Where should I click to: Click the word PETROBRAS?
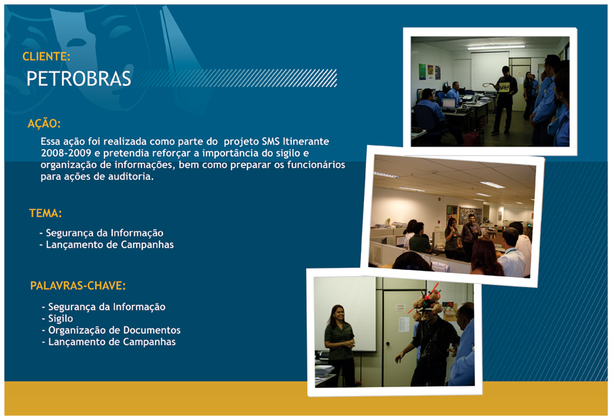point(79,79)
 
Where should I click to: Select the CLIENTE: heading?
point(46,56)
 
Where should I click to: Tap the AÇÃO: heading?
point(44,124)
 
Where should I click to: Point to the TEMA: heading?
point(45,213)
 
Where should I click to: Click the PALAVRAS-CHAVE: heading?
point(78,286)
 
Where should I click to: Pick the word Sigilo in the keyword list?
point(61,319)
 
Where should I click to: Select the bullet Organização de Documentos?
point(112,330)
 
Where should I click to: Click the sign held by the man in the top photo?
point(504,87)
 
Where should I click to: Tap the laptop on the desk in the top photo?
point(448,104)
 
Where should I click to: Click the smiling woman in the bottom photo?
point(340,345)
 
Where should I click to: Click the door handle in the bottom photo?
point(388,344)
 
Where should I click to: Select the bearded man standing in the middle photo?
point(470,236)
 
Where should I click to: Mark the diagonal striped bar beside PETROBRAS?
point(235,78)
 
